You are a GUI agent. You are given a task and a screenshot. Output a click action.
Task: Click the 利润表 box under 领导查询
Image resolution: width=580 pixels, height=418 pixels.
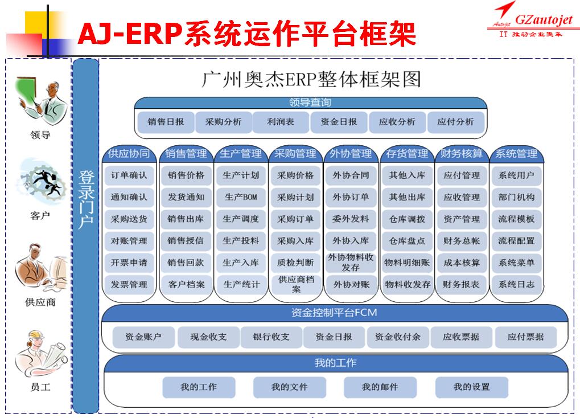281,122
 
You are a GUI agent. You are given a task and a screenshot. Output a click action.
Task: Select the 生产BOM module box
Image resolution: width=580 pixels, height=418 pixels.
241,197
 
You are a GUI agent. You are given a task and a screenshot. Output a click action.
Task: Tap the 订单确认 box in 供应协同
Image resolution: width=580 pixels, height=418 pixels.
129,175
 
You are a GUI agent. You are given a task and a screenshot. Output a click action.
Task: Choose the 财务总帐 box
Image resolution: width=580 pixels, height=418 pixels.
461,241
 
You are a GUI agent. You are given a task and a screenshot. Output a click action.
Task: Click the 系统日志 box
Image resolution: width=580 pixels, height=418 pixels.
516,284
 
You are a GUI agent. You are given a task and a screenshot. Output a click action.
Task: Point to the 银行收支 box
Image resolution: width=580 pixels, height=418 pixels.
271,337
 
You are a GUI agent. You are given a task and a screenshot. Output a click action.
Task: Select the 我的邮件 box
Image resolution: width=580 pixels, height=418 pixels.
380,387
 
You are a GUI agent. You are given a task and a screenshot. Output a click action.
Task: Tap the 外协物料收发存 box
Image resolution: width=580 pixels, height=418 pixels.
351,262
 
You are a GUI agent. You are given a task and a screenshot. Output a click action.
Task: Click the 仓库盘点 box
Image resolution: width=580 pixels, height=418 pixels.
407,241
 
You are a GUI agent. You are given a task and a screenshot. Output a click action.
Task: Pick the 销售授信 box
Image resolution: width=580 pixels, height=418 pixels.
186,241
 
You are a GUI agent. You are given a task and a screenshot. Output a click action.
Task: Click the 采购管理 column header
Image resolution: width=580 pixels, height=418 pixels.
295,154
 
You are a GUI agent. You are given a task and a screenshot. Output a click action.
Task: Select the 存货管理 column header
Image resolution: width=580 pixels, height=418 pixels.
407,154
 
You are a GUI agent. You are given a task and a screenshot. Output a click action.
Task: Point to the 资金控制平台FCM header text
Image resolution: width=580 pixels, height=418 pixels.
334,313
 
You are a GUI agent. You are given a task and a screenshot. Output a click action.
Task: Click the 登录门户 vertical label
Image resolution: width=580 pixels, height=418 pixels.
86,199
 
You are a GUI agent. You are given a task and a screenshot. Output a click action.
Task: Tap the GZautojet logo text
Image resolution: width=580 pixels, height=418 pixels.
544,19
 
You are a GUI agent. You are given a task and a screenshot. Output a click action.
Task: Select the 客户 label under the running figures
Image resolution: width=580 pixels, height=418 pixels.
40,215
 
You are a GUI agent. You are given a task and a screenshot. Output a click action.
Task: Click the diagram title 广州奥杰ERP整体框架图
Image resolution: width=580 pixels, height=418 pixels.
311,79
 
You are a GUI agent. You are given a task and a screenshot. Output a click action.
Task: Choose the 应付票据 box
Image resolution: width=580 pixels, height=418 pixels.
525,337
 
